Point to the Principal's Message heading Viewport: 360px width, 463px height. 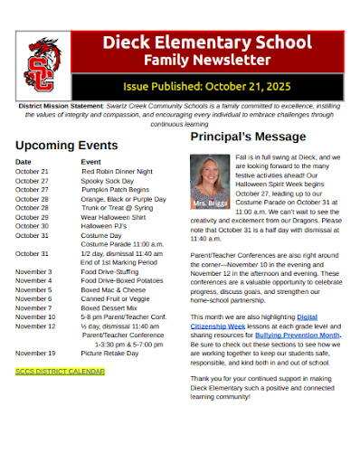[248, 137]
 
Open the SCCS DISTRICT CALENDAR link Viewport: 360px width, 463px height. [60, 371]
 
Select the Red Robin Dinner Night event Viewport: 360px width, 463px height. [117, 171]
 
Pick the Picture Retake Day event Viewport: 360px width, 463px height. [109, 353]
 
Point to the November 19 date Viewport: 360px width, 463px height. [35, 353]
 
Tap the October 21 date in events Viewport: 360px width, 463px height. [32, 171]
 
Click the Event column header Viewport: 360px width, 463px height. [90, 161]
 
